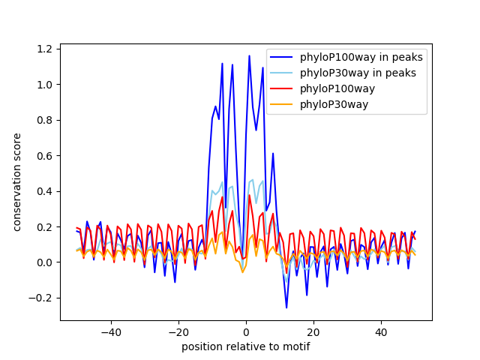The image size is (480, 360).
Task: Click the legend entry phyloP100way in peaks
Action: point(361,57)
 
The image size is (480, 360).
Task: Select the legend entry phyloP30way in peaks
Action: point(358,73)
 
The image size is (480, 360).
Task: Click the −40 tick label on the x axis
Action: point(110,331)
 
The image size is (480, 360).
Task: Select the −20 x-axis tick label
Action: point(178,331)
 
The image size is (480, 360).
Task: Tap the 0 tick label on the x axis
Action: point(246,331)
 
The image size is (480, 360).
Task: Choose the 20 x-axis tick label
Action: point(313,331)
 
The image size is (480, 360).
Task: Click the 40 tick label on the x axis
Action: point(381,331)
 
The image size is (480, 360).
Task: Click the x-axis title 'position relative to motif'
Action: point(246,346)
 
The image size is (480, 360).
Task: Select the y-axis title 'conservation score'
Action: point(16,181)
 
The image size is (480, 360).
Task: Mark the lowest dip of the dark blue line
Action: point(286,307)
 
